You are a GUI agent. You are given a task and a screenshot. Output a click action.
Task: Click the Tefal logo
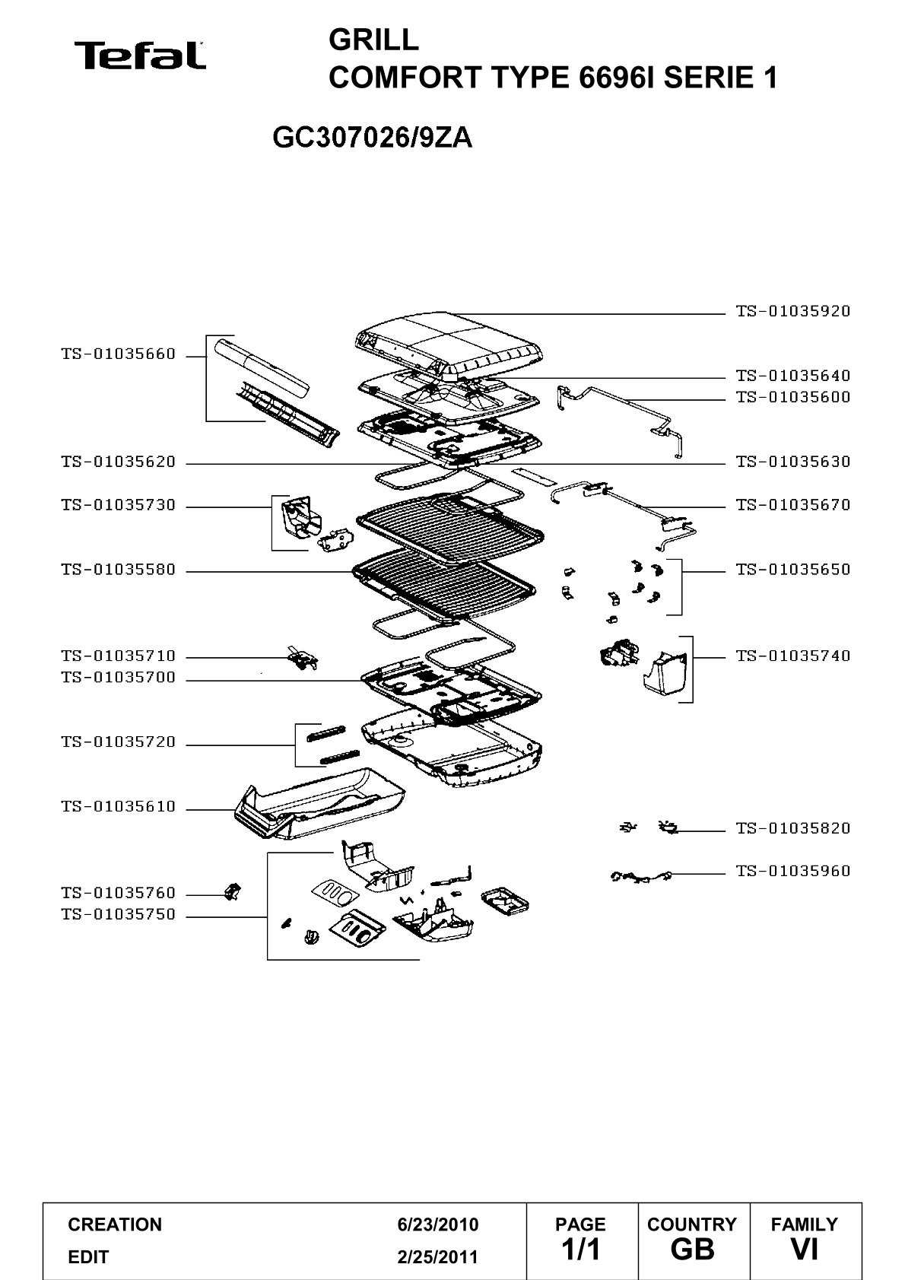(140, 56)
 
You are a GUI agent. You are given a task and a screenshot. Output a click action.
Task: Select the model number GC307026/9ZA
(373, 137)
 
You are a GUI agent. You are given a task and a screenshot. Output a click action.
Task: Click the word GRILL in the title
(373, 40)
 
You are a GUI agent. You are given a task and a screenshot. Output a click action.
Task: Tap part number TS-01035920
(793, 311)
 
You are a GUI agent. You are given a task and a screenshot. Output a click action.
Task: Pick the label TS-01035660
(119, 354)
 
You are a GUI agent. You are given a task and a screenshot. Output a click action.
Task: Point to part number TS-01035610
(119, 807)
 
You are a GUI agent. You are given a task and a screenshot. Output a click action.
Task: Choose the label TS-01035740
(793, 656)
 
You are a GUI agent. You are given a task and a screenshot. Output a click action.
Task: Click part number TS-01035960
(793, 872)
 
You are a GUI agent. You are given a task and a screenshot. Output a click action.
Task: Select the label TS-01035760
(119, 893)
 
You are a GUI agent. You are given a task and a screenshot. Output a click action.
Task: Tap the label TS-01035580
(119, 570)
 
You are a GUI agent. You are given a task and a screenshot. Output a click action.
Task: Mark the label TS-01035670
(793, 505)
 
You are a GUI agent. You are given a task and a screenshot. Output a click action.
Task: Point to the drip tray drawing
(320, 804)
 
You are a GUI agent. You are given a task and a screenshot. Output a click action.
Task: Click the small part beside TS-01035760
(233, 891)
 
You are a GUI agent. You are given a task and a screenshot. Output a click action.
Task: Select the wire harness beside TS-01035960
(640, 876)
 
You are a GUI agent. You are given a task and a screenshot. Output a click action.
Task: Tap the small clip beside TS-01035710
(303, 659)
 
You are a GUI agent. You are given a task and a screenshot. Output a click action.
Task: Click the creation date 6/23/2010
(438, 1224)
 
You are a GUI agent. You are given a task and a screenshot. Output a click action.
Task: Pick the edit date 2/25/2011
(438, 1257)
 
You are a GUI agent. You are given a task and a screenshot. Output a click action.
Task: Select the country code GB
(692, 1250)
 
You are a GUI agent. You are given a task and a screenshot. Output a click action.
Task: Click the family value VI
(804, 1250)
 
